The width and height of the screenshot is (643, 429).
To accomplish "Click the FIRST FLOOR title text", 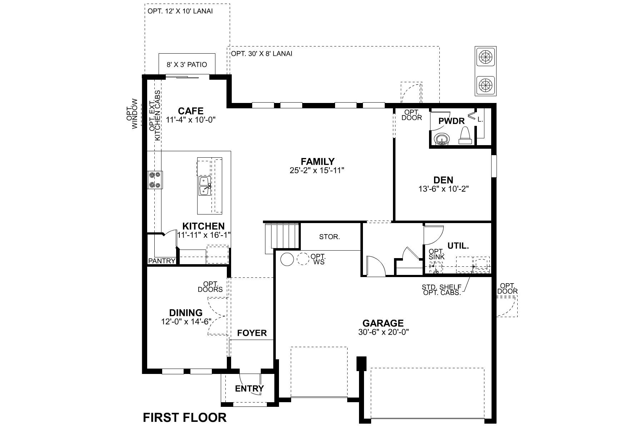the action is coord(185,418).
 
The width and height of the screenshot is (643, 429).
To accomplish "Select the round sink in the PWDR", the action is coord(442,139).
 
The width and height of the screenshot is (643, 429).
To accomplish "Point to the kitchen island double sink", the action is coord(204,186).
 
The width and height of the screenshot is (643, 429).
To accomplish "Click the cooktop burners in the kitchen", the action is coord(155,180).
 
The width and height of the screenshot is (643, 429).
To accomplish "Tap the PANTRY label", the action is coord(162,261).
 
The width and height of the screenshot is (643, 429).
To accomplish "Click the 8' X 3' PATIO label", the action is coord(187,65).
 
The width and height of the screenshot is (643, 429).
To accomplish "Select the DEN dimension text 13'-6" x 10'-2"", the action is coord(443,189).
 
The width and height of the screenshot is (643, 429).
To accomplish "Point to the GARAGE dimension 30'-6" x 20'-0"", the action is coord(383,332).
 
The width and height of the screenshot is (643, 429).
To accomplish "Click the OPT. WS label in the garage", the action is coord(318,259).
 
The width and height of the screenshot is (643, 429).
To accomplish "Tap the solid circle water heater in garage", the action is coord(286,259).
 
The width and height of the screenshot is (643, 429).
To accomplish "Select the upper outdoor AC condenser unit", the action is coord(485,56).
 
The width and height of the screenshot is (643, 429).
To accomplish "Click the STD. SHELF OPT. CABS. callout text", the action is coord(442,290).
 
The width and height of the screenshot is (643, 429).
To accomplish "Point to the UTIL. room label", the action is coord(458,246).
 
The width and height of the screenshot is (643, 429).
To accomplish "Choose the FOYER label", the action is coord(252,333).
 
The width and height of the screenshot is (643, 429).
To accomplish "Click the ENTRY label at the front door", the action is coord(249,389).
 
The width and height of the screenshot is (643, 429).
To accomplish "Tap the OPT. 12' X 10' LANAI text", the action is coord(180,11).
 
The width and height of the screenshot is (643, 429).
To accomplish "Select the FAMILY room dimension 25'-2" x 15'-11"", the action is coord(317,171).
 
